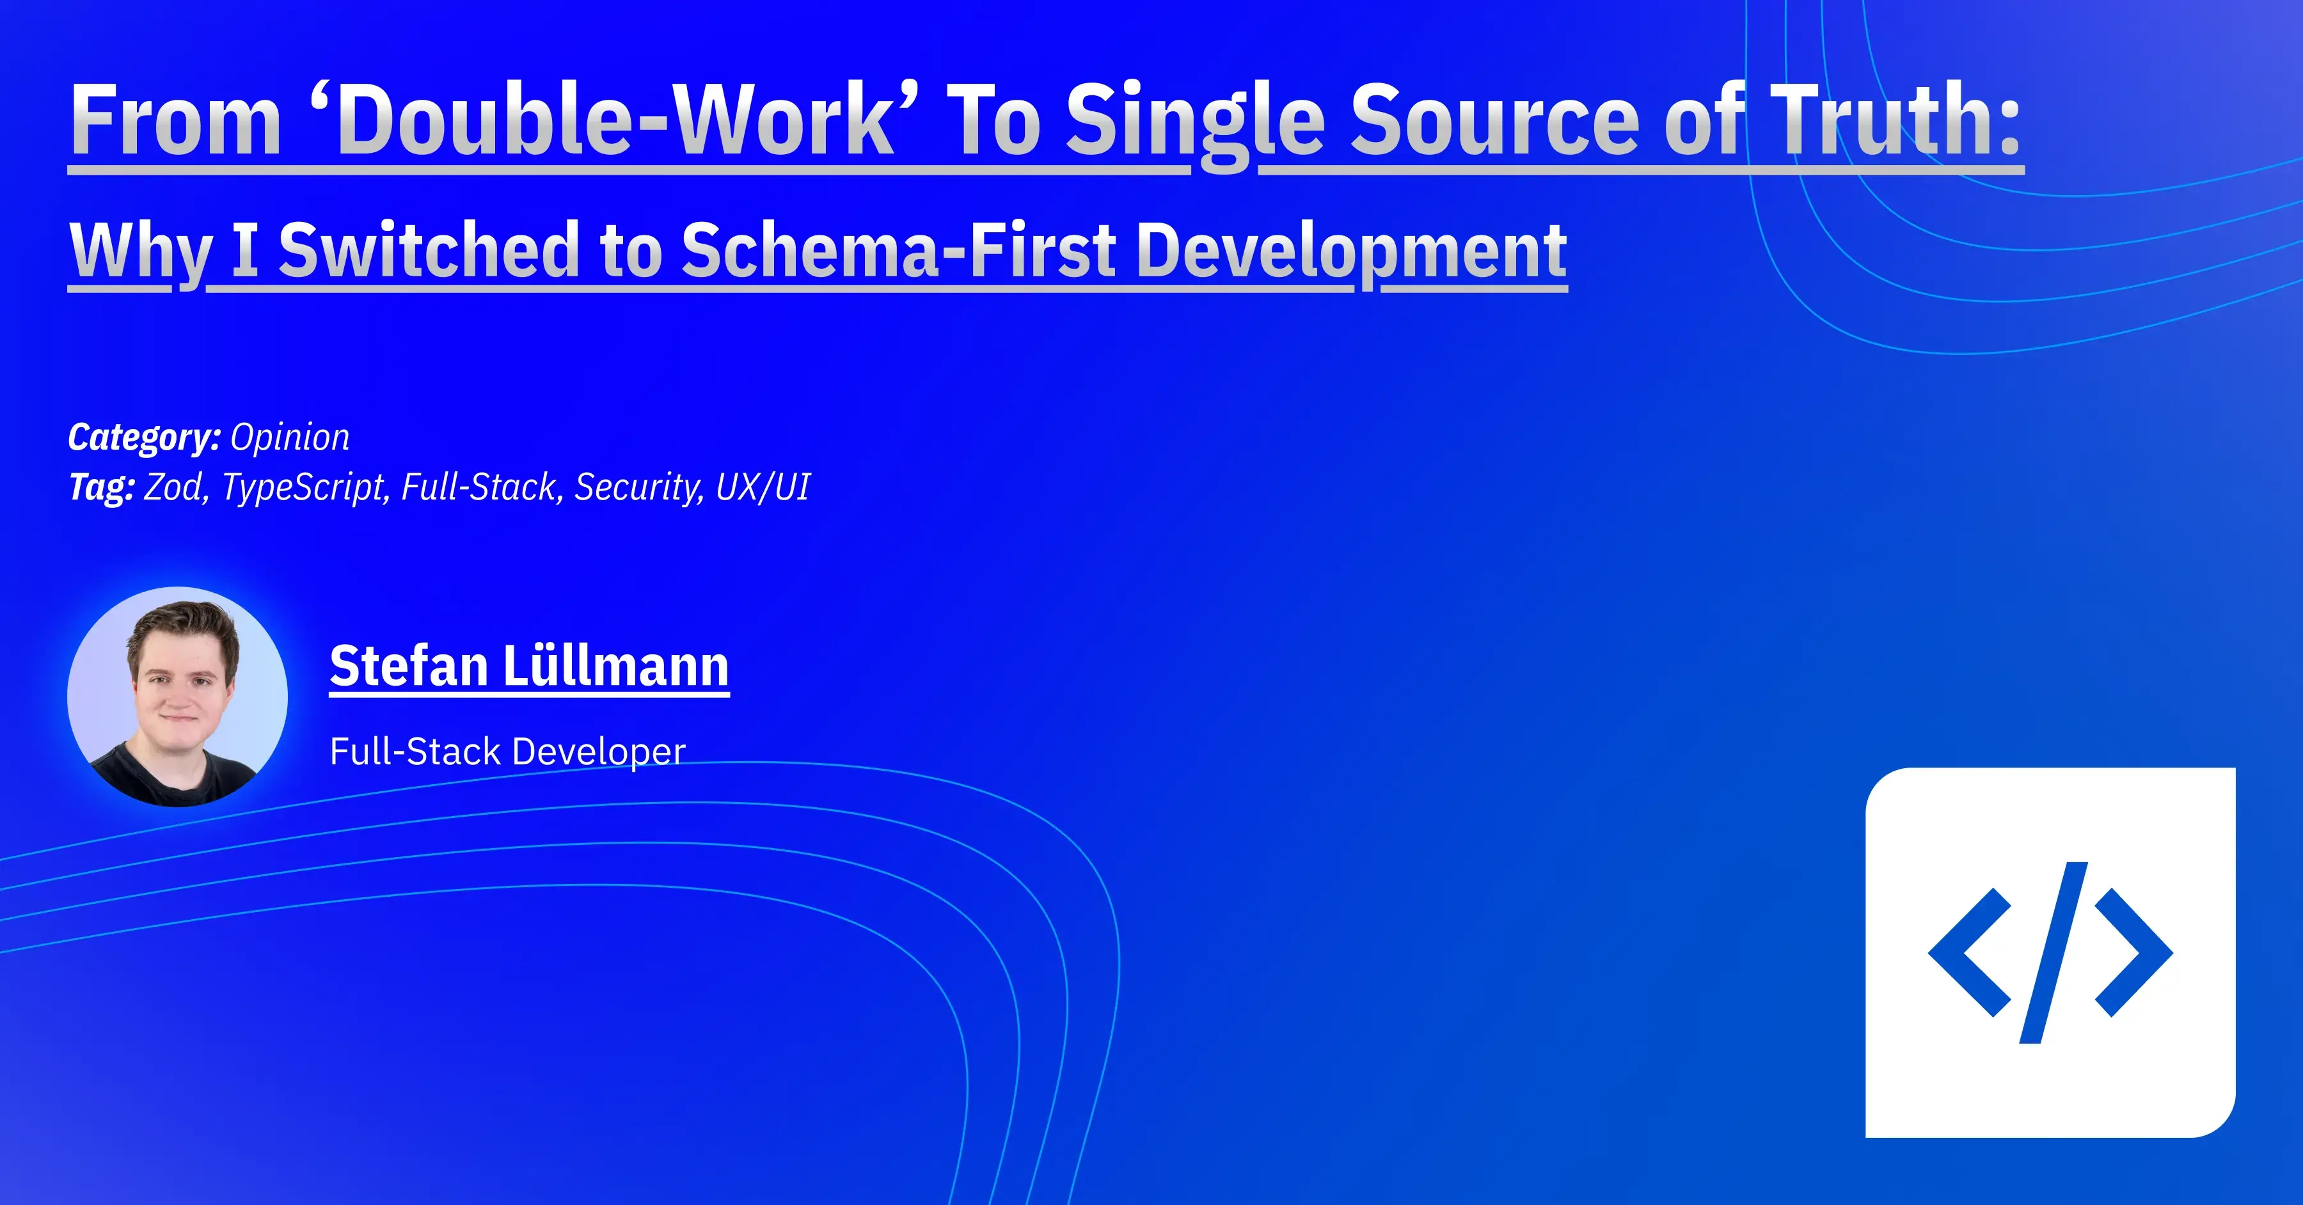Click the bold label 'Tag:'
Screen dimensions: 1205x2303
[101, 487]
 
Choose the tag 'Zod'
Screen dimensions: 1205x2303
[175, 487]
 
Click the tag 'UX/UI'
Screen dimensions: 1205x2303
[763, 487]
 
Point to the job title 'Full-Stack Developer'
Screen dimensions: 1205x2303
[507, 751]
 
